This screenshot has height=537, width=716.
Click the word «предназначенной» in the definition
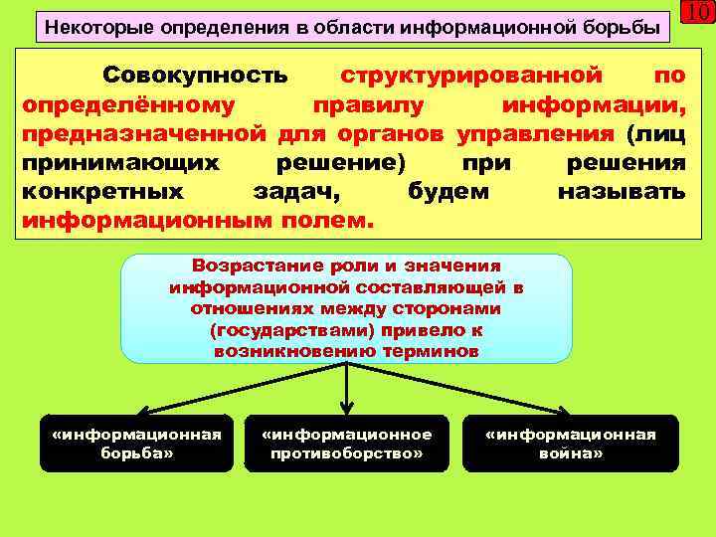[143, 133]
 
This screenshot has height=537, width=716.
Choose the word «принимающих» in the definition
[120, 162]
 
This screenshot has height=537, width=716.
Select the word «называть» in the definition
[622, 191]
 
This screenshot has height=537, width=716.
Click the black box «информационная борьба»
[137, 443]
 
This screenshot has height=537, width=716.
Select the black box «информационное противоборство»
[346, 443]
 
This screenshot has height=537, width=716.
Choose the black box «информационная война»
[570, 443]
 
